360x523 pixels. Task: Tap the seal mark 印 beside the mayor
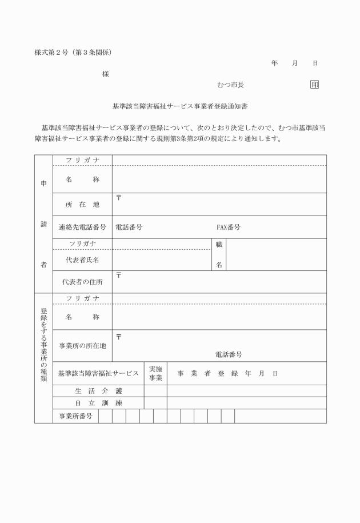click(314, 85)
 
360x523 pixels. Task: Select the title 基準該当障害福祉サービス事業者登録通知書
click(179, 106)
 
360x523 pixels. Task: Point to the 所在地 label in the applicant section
click(82, 205)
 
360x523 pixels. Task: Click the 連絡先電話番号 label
click(82, 227)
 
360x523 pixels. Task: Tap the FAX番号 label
click(228, 227)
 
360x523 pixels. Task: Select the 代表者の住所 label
click(82, 282)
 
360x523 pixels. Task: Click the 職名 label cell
click(219, 254)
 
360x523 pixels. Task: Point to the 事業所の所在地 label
click(82, 345)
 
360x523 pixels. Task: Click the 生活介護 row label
click(98, 392)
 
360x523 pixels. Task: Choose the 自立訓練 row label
click(98, 403)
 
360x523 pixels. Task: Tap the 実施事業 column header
click(155, 373)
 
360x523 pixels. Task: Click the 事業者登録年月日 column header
click(227, 374)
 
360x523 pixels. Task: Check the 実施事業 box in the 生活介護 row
click(155, 392)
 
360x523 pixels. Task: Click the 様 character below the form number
click(106, 74)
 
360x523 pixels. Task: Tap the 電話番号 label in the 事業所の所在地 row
click(229, 354)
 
